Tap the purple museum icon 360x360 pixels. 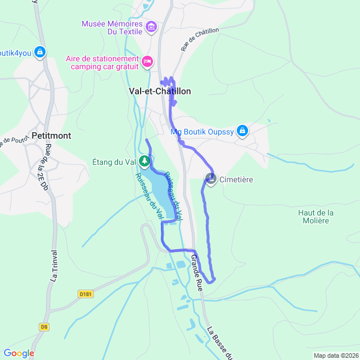pos(151,26)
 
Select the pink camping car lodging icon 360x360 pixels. pos(147,61)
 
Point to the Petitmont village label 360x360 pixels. pos(51,136)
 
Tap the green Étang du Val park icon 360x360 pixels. pos(145,161)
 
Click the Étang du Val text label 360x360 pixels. pos(115,162)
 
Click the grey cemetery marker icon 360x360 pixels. pos(211,179)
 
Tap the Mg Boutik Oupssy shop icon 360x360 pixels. pos(242,132)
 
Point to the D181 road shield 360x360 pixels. pos(85,294)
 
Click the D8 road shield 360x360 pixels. pos(44,326)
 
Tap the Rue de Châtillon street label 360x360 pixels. pos(200,39)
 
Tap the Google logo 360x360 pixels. pos(19,353)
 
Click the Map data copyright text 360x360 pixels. pos(336,355)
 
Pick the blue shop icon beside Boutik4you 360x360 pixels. pos(39,53)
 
